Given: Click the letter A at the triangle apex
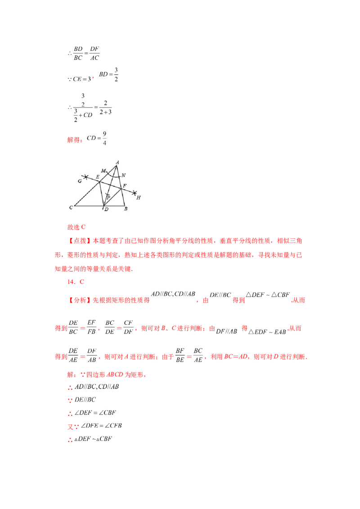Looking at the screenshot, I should pyautogui.click(x=117, y=162).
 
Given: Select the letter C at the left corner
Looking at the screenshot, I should pyautogui.click(x=71, y=207).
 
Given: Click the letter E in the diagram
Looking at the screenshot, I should pyautogui.click(x=97, y=177).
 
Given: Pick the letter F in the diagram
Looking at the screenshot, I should pyautogui.click(x=125, y=185).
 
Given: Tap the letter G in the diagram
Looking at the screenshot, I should pyautogui.click(x=80, y=181).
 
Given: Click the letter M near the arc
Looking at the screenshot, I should pyautogui.click(x=103, y=171).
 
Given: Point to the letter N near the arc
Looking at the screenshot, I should pyautogui.click(x=123, y=175).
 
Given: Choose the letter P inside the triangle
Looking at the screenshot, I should pyautogui.click(x=108, y=197).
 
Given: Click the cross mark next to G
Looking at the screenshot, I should pyautogui.click(x=85, y=177).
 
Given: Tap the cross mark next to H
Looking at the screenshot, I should pyautogui.click(x=135, y=193).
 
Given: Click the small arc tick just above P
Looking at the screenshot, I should pyautogui.click(x=108, y=193).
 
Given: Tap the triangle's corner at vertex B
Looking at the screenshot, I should pyautogui.click(x=125, y=206).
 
